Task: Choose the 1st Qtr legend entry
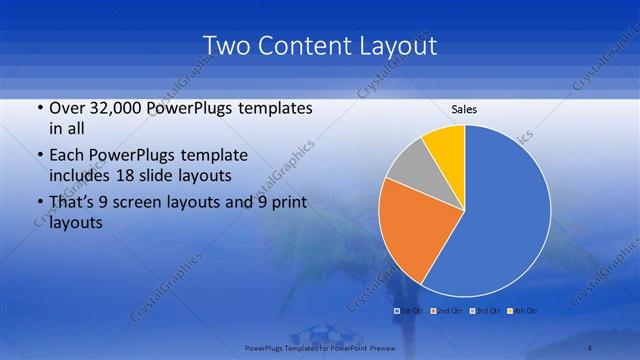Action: tap(411, 311)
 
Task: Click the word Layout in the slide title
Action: tap(390, 46)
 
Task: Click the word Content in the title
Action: tap(300, 46)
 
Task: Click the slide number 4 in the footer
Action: tap(590, 347)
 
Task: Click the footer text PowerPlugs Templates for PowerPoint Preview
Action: tap(319, 347)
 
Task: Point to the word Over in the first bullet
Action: tap(66, 108)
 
